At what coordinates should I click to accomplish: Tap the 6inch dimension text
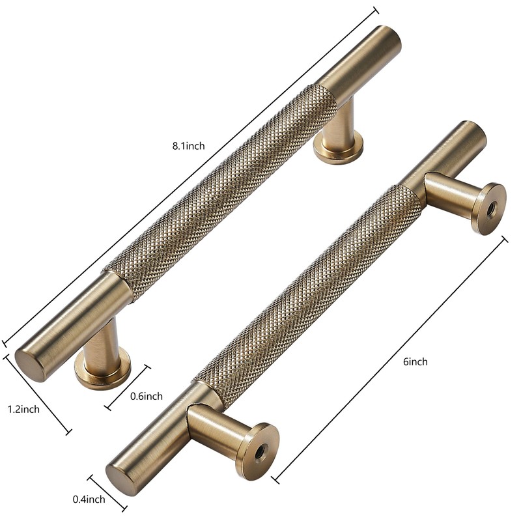pos(415,361)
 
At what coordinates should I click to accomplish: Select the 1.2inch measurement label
pos(23,409)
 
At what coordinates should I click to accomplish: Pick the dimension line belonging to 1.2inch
pos(38,395)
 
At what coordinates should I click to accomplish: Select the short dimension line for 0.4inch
pos(108,493)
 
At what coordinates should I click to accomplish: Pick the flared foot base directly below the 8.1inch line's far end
pos(337,148)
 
